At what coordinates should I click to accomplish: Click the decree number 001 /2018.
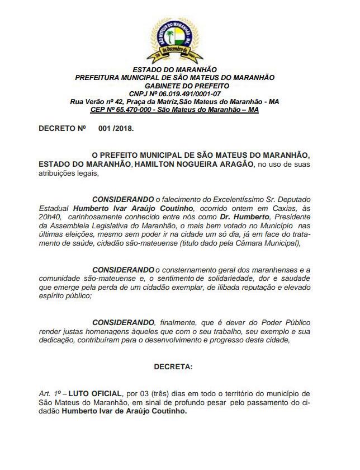pos(116,128)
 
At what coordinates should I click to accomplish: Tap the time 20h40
pos(49,217)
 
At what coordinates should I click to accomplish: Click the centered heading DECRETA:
pos(173,366)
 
